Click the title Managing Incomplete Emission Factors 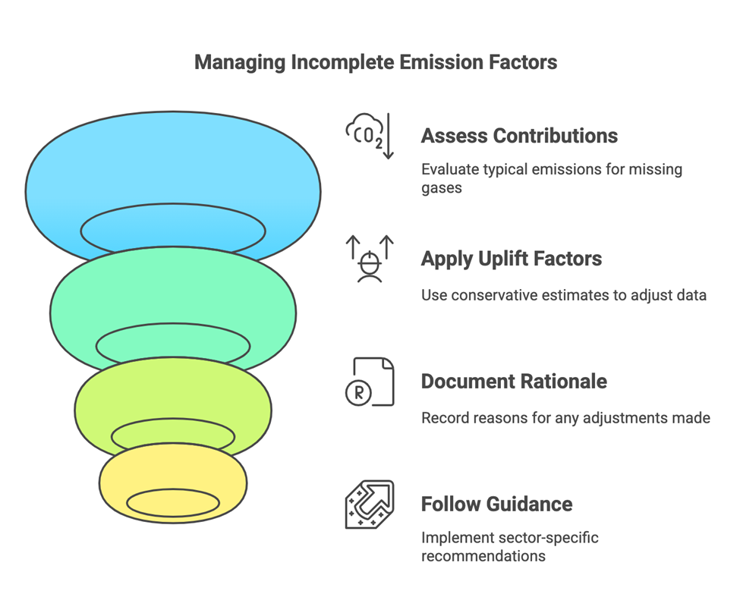click(x=375, y=62)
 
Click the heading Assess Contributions click(x=519, y=136)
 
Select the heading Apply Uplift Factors click(x=511, y=259)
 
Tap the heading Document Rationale click(x=514, y=381)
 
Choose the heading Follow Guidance click(x=496, y=504)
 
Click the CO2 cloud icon click(x=370, y=135)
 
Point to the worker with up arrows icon click(x=370, y=259)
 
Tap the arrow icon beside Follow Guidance click(x=370, y=504)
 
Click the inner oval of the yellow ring click(x=173, y=502)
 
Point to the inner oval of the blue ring click(x=173, y=228)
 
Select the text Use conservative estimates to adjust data click(x=564, y=294)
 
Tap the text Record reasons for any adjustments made click(x=565, y=417)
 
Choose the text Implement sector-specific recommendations click(x=509, y=547)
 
